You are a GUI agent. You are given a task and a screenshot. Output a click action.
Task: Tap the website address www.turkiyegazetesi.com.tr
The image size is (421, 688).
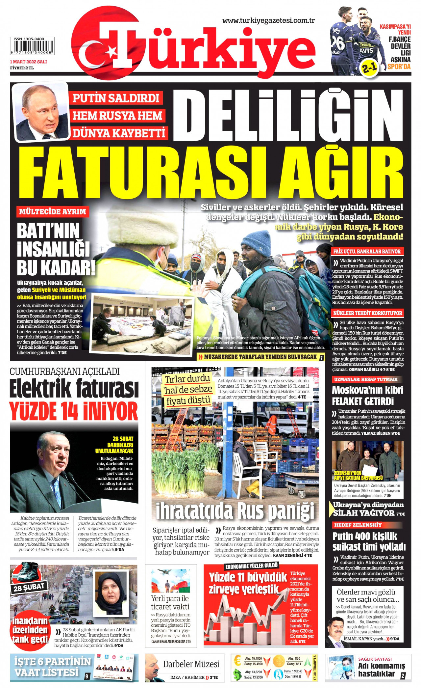point(268,20)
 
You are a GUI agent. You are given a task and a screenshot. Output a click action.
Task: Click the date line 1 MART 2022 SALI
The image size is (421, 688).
point(28,62)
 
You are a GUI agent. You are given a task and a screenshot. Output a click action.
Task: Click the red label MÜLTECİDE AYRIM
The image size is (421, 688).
point(53,211)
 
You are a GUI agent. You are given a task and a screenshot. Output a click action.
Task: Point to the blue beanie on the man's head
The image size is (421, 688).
point(257,242)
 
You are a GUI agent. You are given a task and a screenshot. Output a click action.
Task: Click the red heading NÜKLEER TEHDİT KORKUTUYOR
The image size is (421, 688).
point(368,313)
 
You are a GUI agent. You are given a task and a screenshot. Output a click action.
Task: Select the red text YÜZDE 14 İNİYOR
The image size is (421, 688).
point(73,411)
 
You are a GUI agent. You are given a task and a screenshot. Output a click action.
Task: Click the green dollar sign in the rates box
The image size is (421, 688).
point(237,674)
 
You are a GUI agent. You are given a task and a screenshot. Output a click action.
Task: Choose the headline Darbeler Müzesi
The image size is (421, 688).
point(191,664)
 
